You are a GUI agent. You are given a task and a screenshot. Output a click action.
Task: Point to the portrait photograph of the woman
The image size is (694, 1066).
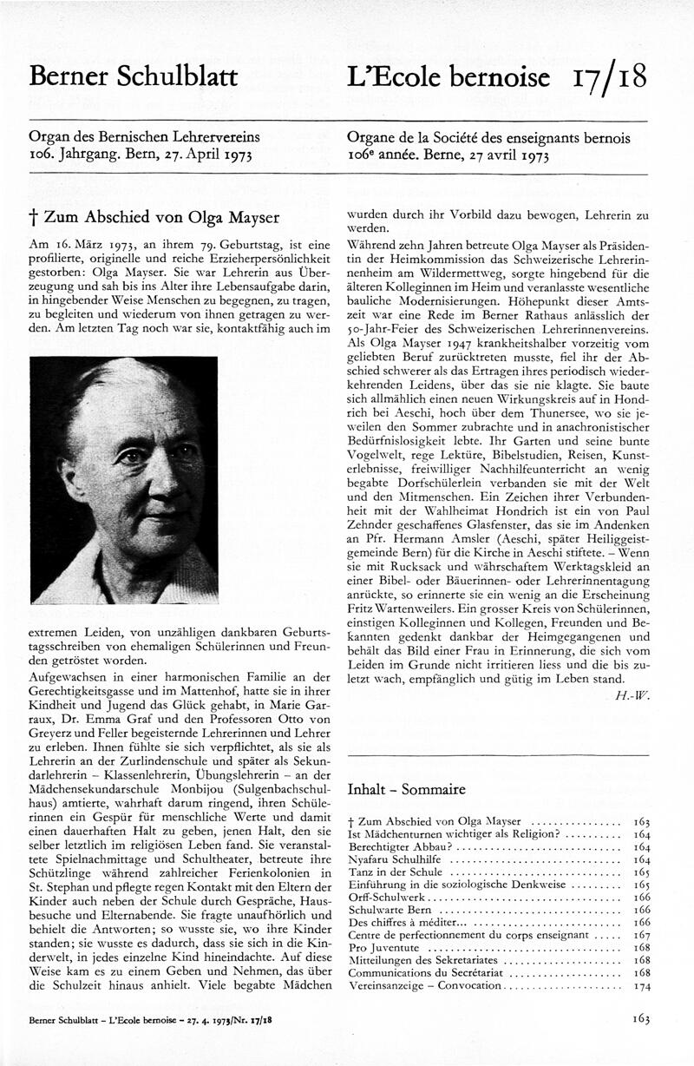tap(124, 479)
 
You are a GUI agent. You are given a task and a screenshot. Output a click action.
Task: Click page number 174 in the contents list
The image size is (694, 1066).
tap(642, 986)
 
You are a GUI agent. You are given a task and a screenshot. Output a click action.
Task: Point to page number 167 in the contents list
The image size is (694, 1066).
tap(642, 935)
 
